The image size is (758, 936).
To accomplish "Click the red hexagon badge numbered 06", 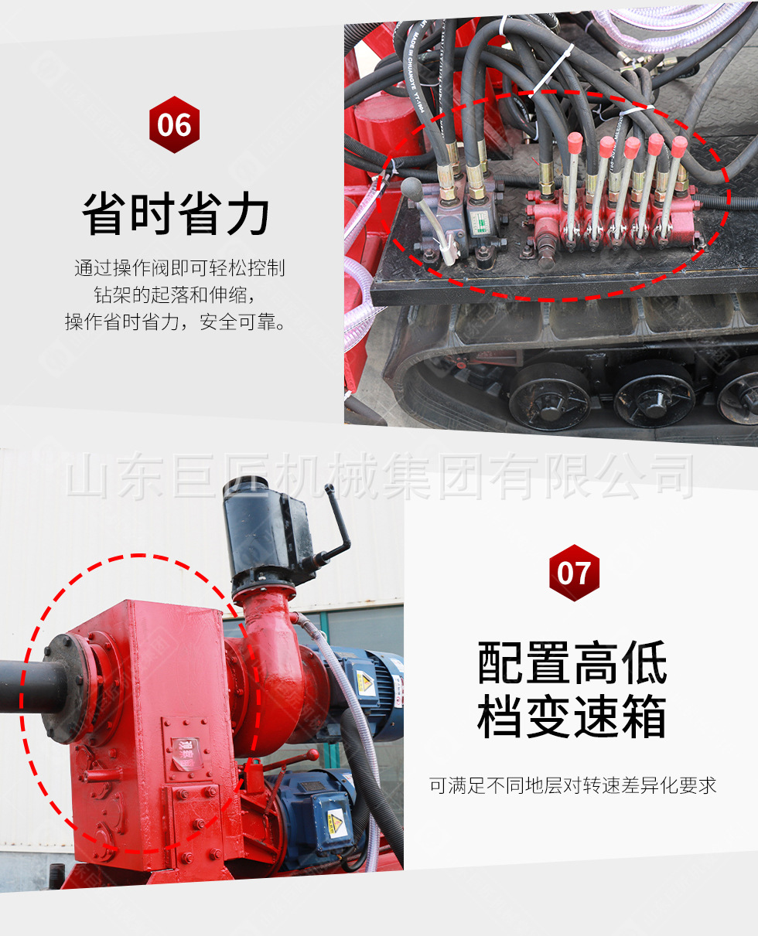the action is [x=174, y=124].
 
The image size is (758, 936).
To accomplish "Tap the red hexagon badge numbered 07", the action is [x=574, y=573].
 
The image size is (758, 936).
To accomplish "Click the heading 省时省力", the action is [x=176, y=214].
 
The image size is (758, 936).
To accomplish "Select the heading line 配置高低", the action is [x=572, y=662].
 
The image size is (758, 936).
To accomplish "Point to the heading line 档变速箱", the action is [x=572, y=717].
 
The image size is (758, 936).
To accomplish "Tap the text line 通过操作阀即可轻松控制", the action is [x=179, y=268].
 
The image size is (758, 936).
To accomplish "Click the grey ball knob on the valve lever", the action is [x=411, y=188].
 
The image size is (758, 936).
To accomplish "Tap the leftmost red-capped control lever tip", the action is [x=575, y=142].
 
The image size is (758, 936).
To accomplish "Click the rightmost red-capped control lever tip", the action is [x=679, y=146].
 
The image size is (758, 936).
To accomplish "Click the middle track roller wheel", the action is [x=654, y=393].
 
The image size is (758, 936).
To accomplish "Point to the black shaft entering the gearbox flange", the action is [x=32, y=686].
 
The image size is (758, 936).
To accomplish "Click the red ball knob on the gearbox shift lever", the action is [x=312, y=755].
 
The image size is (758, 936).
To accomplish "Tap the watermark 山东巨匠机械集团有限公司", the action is [x=380, y=476].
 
